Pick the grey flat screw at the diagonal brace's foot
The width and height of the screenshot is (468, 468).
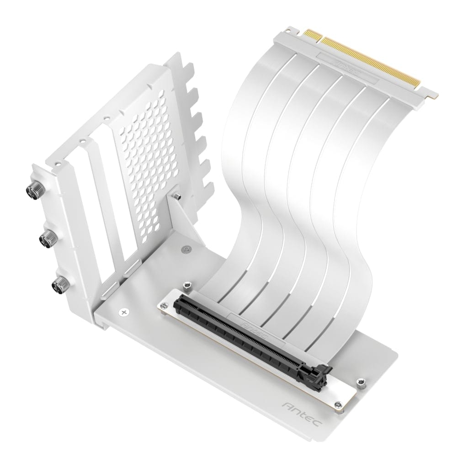(185, 249)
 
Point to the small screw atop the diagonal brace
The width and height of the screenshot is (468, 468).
(177, 196)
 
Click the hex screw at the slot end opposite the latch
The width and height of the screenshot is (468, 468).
(187, 287)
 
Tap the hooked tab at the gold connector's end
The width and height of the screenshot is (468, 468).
(431, 96)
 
